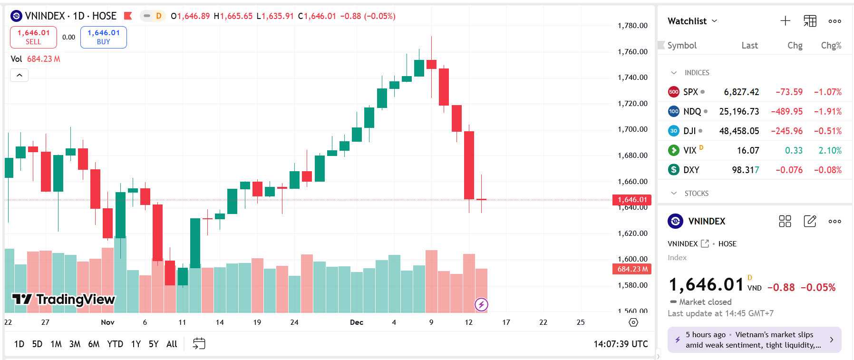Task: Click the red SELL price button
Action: click(33, 37)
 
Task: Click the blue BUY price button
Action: click(104, 37)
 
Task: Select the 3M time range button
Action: click(75, 344)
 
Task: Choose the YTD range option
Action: click(115, 344)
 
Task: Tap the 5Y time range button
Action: click(154, 344)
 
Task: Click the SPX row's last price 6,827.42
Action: click(741, 92)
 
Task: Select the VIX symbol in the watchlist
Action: click(689, 150)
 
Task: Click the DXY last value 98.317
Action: click(745, 170)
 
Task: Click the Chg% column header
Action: click(831, 45)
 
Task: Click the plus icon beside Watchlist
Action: click(785, 21)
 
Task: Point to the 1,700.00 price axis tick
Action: click(632, 129)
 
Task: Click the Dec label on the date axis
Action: click(357, 322)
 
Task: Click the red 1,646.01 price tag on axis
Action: click(632, 200)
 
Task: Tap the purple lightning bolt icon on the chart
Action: click(481, 304)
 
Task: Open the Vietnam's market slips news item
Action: click(754, 340)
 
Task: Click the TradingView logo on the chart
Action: click(64, 299)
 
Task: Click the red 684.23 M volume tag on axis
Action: click(632, 269)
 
